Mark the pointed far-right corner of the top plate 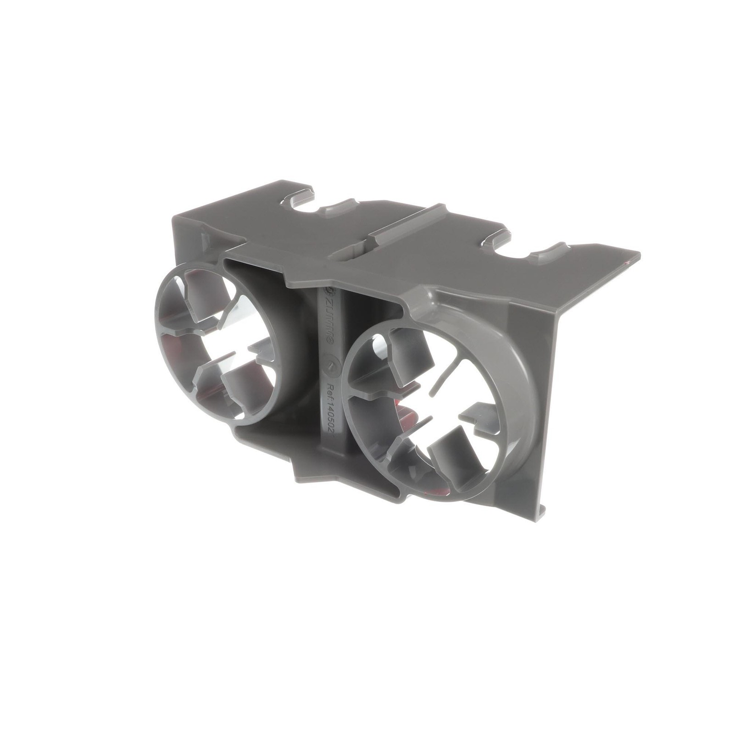[x=639, y=253]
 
